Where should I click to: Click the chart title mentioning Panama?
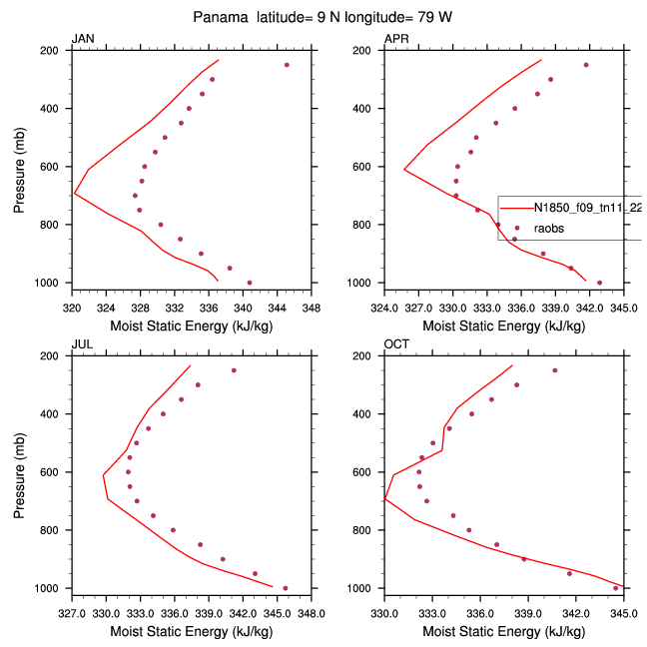[323, 17]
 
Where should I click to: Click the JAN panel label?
[83, 39]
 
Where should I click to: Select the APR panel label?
[396, 39]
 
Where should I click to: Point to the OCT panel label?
[397, 344]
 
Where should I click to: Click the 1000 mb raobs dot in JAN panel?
[250, 283]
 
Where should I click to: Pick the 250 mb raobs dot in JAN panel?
[287, 65]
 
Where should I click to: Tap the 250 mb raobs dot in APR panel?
[586, 65]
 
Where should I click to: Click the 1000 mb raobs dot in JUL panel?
[286, 588]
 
